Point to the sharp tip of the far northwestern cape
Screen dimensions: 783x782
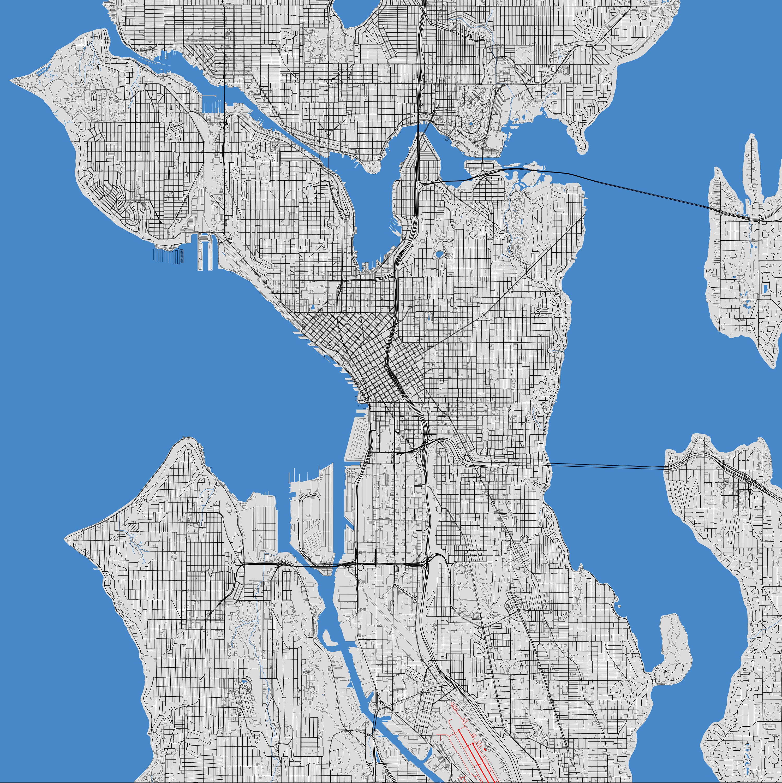(x=12, y=79)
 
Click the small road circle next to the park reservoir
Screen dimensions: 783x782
(x=446, y=256)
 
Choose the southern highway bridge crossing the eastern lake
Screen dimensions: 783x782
(x=608, y=466)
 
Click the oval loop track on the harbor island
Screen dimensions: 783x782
(x=310, y=527)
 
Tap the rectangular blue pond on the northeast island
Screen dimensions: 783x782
(x=764, y=289)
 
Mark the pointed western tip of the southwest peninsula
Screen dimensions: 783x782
(x=66, y=539)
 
